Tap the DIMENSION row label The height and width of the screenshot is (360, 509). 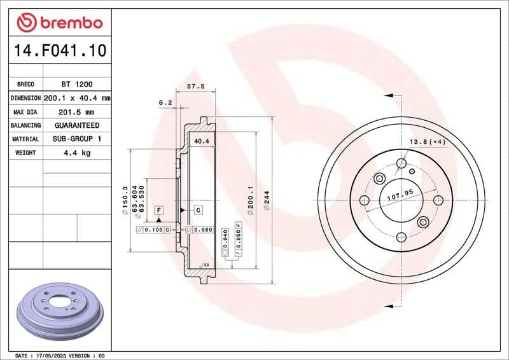pyautogui.click(x=25, y=98)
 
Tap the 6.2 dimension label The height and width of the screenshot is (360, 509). pyautogui.click(x=165, y=102)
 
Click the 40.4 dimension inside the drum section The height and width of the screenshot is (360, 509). pyautogui.click(x=202, y=141)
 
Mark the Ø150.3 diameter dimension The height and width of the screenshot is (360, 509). pyautogui.click(x=125, y=197)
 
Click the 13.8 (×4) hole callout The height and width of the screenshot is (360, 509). pyautogui.click(x=427, y=142)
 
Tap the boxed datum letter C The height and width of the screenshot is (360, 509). pyautogui.click(x=198, y=210)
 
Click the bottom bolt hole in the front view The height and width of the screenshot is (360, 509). pyautogui.click(x=401, y=237)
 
